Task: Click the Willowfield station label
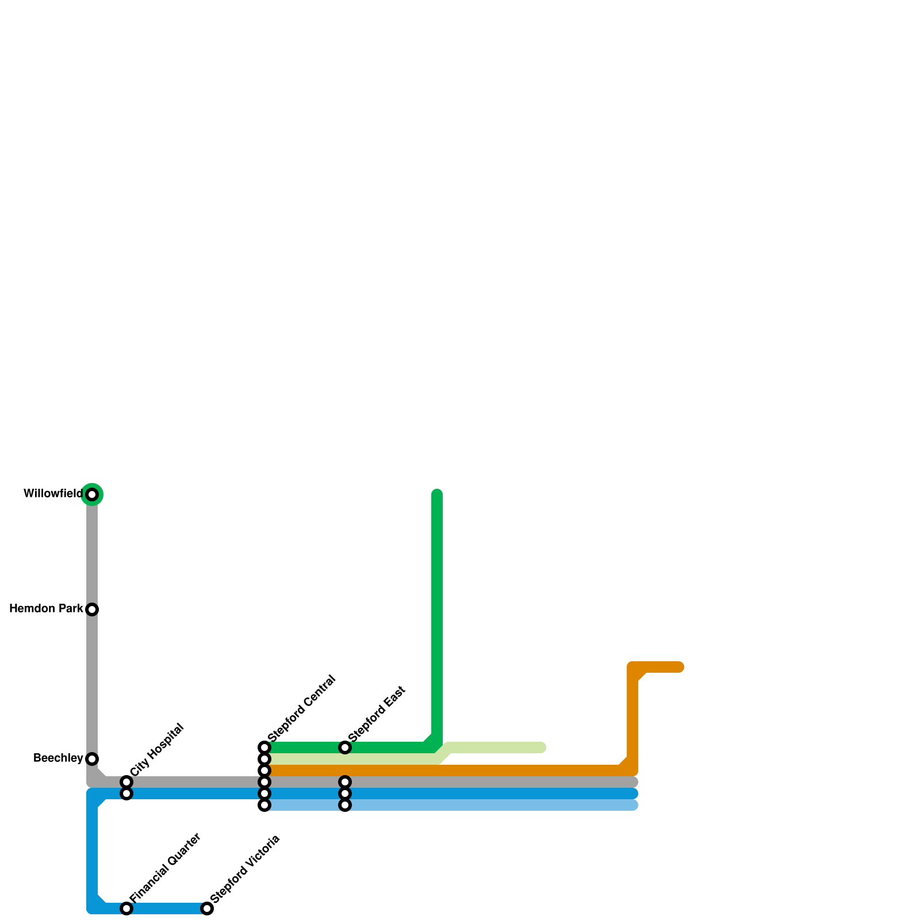pos(53,494)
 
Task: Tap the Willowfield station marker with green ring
pos(92,494)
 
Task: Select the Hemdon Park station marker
pos(92,609)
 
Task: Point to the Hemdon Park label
pos(46,609)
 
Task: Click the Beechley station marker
pos(92,759)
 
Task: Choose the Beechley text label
pos(58,758)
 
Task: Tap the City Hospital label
pos(156,750)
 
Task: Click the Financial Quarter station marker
pos(126,908)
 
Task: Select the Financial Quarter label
pos(165,868)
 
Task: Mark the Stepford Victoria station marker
pos(207,908)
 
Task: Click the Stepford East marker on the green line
pos(345,747)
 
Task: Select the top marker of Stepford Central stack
pos(264,747)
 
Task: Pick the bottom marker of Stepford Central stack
pos(264,805)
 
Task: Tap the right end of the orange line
pos(680,667)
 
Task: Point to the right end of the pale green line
pos(542,747)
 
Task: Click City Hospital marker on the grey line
pos(126,782)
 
